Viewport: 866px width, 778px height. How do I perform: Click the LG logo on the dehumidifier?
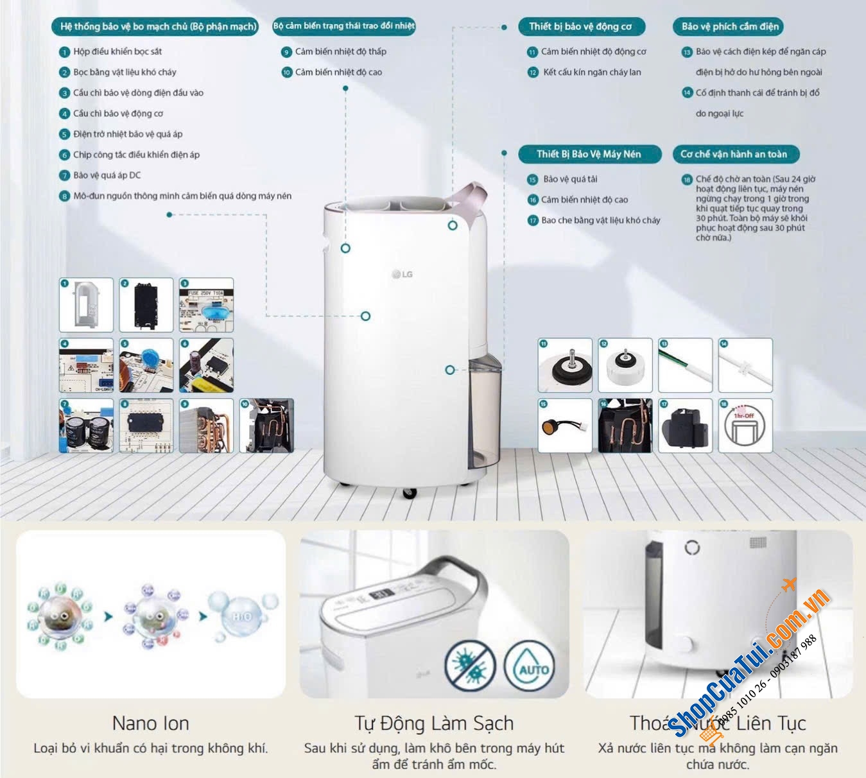[403, 274]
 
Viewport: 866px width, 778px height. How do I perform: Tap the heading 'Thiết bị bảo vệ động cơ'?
[580, 26]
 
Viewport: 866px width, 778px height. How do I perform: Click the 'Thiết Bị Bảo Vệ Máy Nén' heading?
[589, 154]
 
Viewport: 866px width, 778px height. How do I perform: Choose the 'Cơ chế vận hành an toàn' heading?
[733, 154]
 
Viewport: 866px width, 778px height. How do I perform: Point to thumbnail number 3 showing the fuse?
[206, 305]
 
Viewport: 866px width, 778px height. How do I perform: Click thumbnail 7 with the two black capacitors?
[86, 426]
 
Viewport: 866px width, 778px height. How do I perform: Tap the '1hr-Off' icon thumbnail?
[745, 426]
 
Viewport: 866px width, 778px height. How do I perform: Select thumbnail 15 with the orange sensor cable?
[565, 426]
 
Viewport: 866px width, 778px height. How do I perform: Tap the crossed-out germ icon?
[471, 666]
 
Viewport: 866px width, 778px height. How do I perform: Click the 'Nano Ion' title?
[150, 723]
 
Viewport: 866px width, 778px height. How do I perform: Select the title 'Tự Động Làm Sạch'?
[434, 723]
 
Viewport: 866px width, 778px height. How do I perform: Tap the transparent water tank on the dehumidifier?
[485, 411]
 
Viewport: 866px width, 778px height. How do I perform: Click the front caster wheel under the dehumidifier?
[409, 493]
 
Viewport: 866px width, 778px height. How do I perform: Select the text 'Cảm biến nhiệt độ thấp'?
[340, 51]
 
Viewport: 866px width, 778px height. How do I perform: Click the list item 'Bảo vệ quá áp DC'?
[107, 175]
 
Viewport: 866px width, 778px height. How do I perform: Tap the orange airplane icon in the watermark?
[789, 585]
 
